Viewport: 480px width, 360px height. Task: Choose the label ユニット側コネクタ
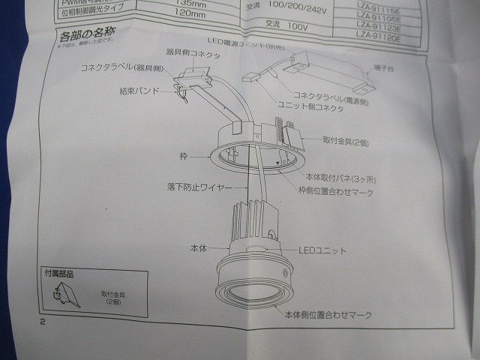coord(312,110)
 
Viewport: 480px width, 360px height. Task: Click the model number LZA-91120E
coord(379,34)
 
